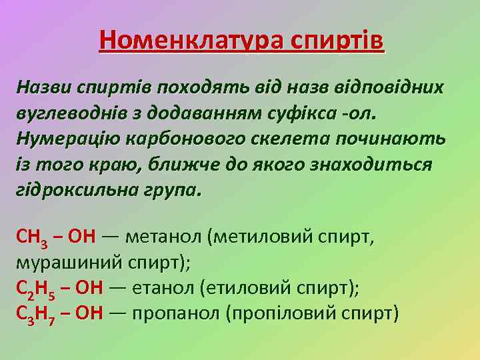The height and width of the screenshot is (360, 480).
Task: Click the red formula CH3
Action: click(31, 237)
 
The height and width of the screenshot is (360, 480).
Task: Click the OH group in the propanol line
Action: click(89, 313)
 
